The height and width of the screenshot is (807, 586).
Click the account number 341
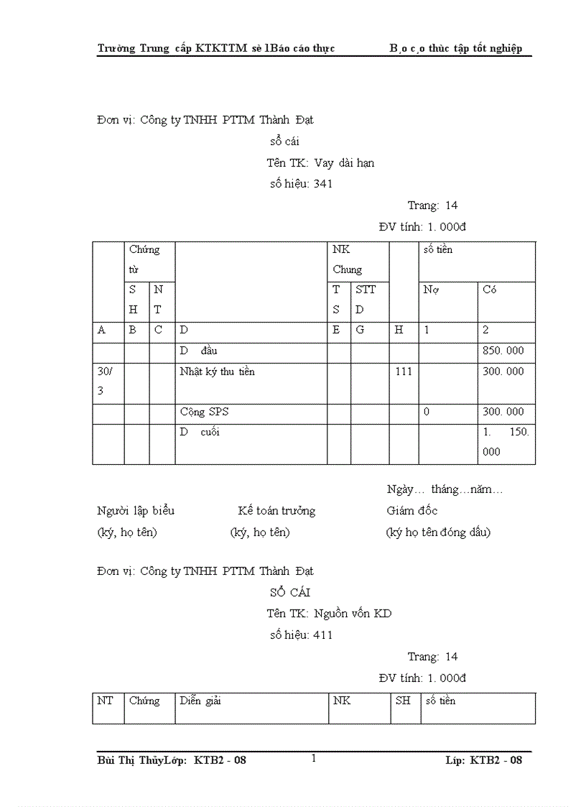[x=322, y=184]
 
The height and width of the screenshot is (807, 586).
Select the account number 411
[x=322, y=635]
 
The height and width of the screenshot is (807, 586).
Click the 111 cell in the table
[x=404, y=372]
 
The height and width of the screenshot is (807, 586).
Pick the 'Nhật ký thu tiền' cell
[x=217, y=372]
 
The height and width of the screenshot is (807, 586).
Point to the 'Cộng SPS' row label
[x=205, y=412]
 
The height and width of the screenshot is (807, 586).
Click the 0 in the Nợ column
[x=427, y=412]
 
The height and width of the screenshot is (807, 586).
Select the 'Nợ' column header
[x=431, y=290]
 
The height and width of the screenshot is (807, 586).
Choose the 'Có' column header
[x=490, y=290]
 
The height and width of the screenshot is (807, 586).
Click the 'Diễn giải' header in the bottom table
[x=200, y=701]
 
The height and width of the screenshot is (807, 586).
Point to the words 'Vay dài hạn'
[x=344, y=163]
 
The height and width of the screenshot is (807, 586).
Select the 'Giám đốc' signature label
[x=411, y=511]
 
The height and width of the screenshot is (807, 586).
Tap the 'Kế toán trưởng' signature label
[x=276, y=511]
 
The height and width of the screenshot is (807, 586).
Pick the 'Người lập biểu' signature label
[x=136, y=511]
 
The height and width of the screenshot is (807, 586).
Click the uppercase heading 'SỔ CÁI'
[x=290, y=593]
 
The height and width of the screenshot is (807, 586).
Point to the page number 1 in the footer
[x=314, y=758]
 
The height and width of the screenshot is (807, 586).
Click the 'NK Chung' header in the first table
[x=348, y=259]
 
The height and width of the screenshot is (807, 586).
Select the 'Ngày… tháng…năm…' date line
[x=445, y=490]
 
